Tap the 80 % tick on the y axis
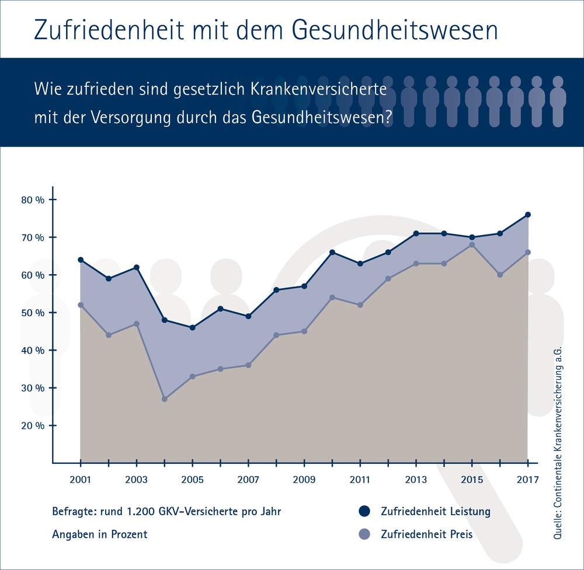pyautogui.click(x=33, y=200)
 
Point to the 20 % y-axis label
pyautogui.click(x=33, y=425)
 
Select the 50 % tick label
pyautogui.click(x=33, y=313)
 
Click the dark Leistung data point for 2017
pyautogui.click(x=527, y=215)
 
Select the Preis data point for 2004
pyautogui.click(x=165, y=399)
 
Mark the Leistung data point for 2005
pyautogui.click(x=193, y=327)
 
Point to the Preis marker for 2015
pyautogui.click(x=472, y=244)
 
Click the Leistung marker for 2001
pyautogui.click(x=81, y=260)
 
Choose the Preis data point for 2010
pyautogui.click(x=332, y=298)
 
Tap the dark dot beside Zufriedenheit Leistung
pyautogui.click(x=365, y=512)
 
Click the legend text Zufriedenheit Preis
pyautogui.click(x=426, y=534)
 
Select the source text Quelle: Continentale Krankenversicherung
pyautogui.click(x=559, y=443)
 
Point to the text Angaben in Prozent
pyautogui.click(x=99, y=534)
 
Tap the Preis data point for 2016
pyautogui.click(x=500, y=275)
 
